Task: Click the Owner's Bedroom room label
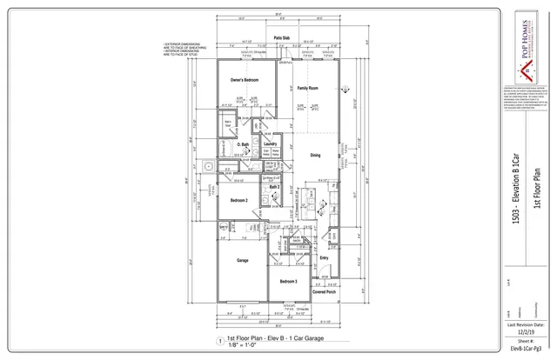pyautogui.click(x=245, y=80)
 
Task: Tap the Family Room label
pyautogui.click(x=307, y=89)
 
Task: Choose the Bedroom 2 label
pyautogui.click(x=239, y=201)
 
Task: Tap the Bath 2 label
pyautogui.click(x=273, y=186)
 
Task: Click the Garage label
pyautogui.click(x=244, y=259)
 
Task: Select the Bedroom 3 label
pyautogui.click(x=288, y=282)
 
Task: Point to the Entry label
pyautogui.click(x=324, y=257)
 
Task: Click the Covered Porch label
pyautogui.click(x=324, y=293)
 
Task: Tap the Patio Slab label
pyautogui.click(x=282, y=38)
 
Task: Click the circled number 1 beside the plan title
pyautogui.click(x=218, y=340)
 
